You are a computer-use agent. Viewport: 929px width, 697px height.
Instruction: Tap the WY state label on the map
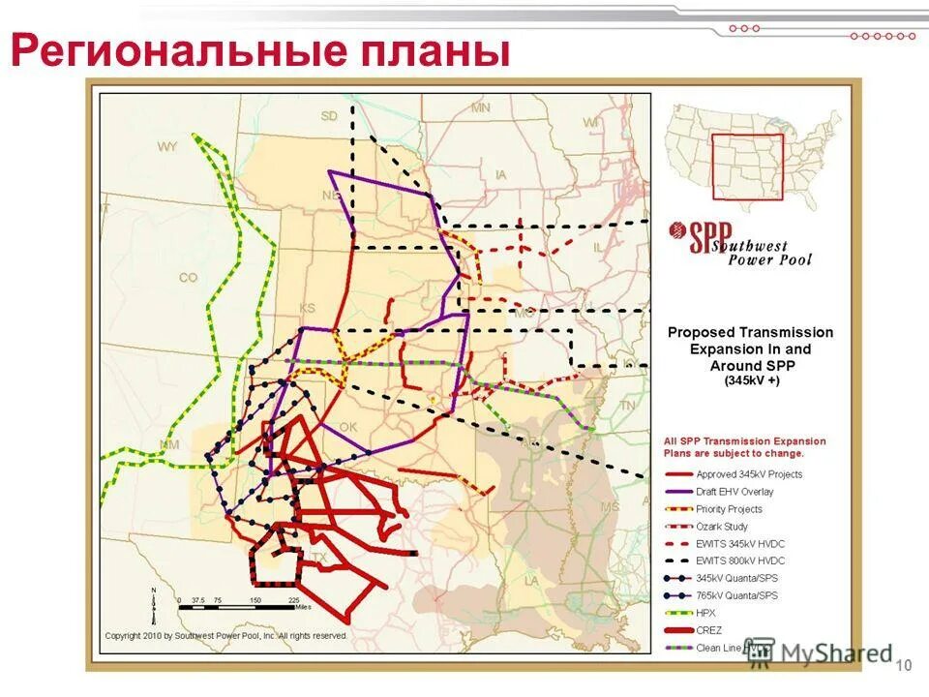167,147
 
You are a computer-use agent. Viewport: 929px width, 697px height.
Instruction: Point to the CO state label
188,278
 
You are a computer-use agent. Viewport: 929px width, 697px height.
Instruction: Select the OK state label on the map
348,427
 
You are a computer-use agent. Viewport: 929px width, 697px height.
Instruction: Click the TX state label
320,558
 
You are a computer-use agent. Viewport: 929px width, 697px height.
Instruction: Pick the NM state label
169,443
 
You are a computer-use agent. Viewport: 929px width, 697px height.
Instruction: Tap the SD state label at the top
330,116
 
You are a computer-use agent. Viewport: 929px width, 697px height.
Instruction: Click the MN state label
480,108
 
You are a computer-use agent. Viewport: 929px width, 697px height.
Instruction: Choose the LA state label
531,580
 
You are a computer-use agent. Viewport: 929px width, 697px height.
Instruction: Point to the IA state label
500,175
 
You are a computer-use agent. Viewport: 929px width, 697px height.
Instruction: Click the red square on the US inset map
746,167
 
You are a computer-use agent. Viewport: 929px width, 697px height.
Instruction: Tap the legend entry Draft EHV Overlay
734,492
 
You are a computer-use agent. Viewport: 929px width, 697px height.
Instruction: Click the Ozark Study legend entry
722,527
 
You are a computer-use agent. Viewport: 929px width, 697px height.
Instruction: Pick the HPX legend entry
705,614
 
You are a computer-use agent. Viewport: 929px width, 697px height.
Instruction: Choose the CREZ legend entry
709,631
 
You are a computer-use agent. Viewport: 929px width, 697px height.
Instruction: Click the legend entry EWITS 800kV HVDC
740,561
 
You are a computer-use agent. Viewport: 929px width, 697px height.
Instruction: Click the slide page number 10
906,665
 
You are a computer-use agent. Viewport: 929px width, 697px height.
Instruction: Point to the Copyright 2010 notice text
225,637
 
